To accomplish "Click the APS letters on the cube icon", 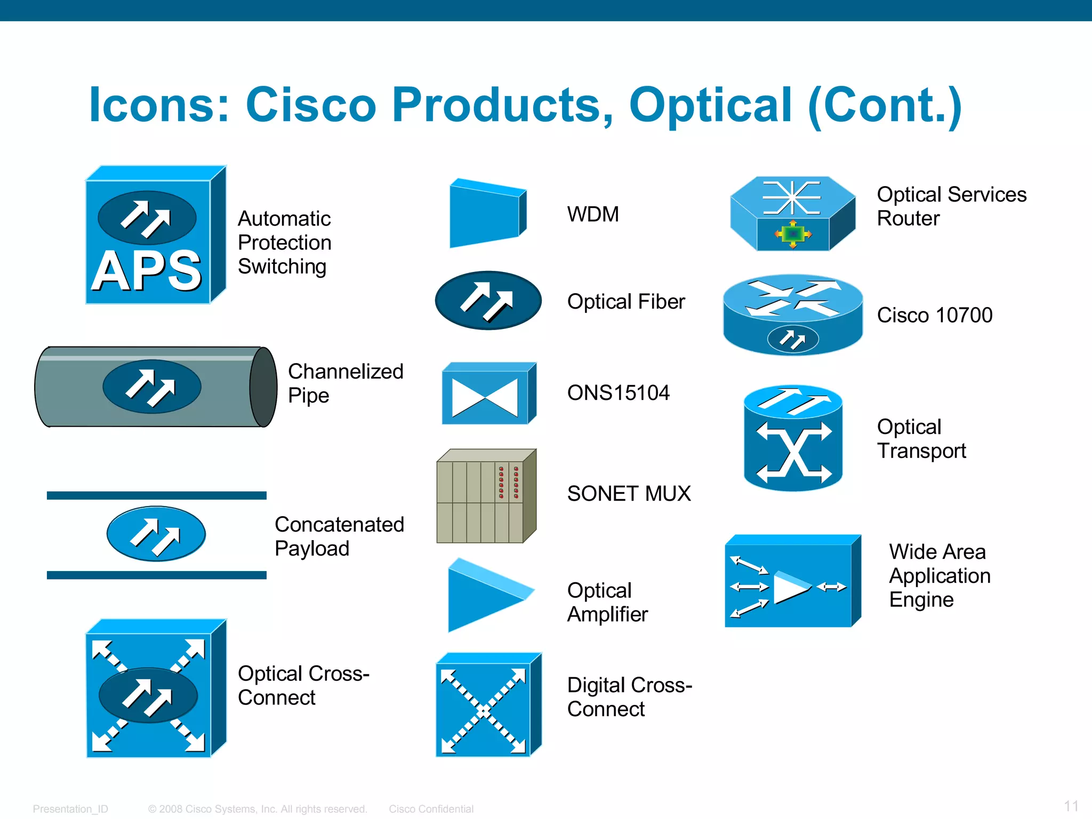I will pyautogui.click(x=146, y=271).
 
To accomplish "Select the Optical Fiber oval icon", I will pyautogui.click(x=487, y=300).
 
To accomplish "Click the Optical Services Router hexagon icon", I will pyautogui.click(x=792, y=213).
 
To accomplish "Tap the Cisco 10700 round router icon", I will pyautogui.click(x=792, y=315).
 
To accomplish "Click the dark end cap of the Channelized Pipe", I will pyautogui.click(x=263, y=387).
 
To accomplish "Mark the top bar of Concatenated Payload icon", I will pyautogui.click(x=156, y=495).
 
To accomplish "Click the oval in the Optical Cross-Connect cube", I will pyautogui.click(x=148, y=695).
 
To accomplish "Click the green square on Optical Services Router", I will pyautogui.click(x=793, y=234).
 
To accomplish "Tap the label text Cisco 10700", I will pyautogui.click(x=934, y=315).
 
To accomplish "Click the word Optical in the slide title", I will pyautogui.click(x=710, y=105).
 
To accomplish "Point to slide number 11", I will pyautogui.click(x=1071, y=806).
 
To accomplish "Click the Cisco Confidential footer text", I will pyautogui.click(x=431, y=809).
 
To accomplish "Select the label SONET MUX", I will pyautogui.click(x=629, y=494).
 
